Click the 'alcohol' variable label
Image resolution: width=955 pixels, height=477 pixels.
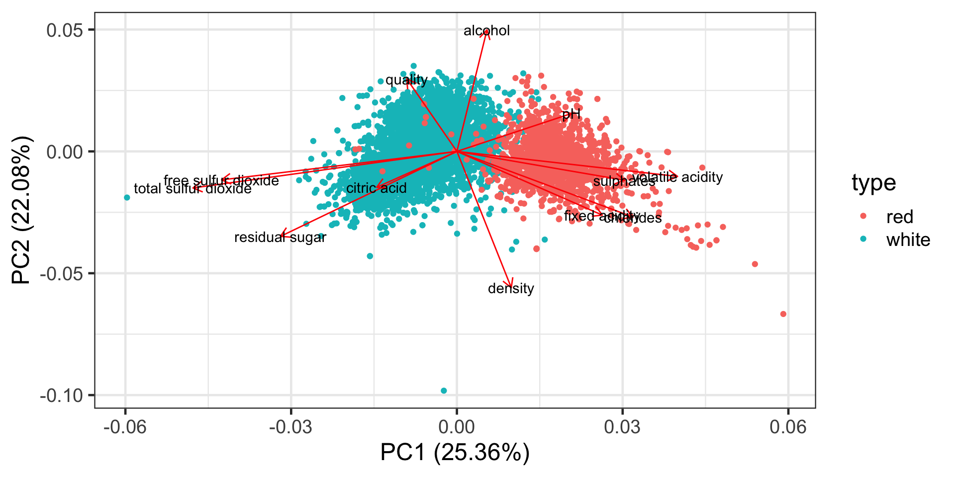coord(486,31)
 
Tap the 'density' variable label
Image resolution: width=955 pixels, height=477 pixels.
coord(511,289)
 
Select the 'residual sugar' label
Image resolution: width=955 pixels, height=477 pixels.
coord(280,238)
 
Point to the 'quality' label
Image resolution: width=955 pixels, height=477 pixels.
coord(406,80)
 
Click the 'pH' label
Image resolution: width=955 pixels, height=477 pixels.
coord(571,115)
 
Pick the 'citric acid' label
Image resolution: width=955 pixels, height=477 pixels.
coord(376,188)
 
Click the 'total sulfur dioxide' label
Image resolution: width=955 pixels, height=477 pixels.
coord(192,189)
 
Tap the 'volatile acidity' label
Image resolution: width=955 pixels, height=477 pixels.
coord(677,177)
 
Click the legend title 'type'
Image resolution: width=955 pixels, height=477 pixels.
coord(873,183)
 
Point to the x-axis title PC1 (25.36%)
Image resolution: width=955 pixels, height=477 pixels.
coord(455,452)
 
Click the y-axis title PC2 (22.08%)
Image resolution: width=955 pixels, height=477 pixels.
coord(21,209)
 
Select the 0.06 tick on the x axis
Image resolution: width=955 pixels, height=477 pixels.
coord(787,427)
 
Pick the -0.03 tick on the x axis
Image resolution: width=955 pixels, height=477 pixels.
coord(290,427)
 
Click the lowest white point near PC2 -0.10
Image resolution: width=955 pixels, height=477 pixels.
coord(444,391)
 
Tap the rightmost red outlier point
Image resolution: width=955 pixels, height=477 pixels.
coord(783,314)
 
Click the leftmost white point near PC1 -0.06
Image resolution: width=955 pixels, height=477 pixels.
coord(127,198)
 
